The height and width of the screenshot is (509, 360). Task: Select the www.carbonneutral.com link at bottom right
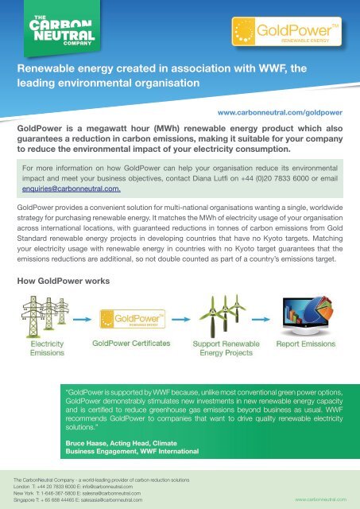tap(322, 499)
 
